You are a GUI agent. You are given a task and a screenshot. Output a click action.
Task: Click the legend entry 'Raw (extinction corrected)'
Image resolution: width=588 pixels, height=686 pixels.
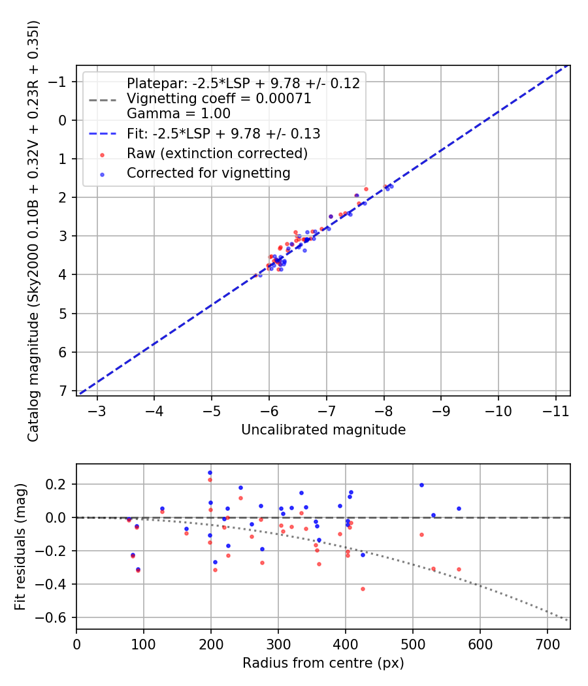click(x=217, y=154)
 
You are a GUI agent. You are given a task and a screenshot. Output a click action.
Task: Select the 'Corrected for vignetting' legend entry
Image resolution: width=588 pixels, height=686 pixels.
click(x=208, y=173)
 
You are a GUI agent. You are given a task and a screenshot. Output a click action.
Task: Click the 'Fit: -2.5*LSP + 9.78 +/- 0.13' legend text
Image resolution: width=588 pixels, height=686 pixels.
click(x=223, y=134)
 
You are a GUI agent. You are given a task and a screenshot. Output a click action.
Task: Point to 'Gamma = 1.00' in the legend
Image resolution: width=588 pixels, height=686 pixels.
click(x=178, y=113)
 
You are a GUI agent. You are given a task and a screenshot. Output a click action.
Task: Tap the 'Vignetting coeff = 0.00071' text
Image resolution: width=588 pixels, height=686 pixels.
click(x=219, y=99)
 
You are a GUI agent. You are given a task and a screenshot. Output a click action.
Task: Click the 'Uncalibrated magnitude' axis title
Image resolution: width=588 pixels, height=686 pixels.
click(x=323, y=429)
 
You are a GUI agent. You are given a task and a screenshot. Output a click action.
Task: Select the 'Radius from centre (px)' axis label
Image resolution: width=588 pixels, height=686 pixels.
click(x=323, y=663)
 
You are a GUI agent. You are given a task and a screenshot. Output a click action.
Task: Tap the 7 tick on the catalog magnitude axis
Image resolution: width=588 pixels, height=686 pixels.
click(x=63, y=391)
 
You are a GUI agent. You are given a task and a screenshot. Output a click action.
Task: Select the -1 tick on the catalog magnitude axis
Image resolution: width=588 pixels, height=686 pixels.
click(x=60, y=82)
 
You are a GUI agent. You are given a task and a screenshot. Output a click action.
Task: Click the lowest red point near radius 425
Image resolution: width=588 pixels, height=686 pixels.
click(x=363, y=589)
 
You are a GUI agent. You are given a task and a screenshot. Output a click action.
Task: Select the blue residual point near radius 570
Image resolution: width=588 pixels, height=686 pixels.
click(x=459, y=508)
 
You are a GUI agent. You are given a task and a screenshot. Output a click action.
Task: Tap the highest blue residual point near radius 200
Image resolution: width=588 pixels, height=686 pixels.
click(x=210, y=472)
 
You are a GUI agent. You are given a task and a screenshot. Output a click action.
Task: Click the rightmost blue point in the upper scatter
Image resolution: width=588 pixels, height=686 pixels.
click(x=391, y=186)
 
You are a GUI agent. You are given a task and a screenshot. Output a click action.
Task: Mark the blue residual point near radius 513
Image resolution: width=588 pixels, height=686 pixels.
click(x=421, y=485)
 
